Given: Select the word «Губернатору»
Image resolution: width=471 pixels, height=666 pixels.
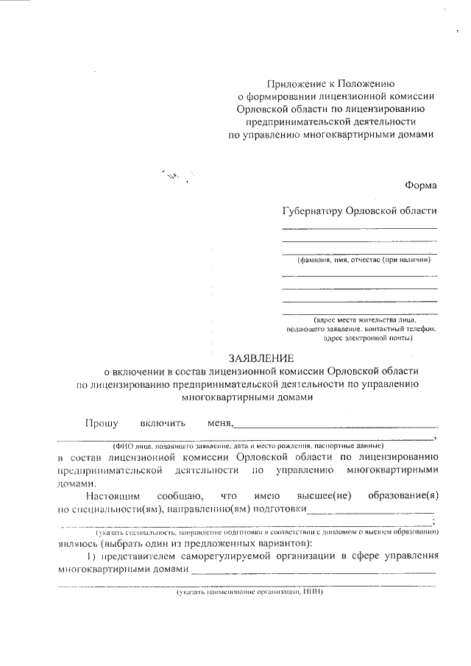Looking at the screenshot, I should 312,210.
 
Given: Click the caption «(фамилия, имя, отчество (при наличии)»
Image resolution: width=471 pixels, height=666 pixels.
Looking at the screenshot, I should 363,260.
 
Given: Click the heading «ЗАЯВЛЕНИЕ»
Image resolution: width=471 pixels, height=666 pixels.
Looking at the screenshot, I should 261,358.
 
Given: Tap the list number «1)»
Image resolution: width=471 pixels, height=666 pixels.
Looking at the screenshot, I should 93,556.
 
